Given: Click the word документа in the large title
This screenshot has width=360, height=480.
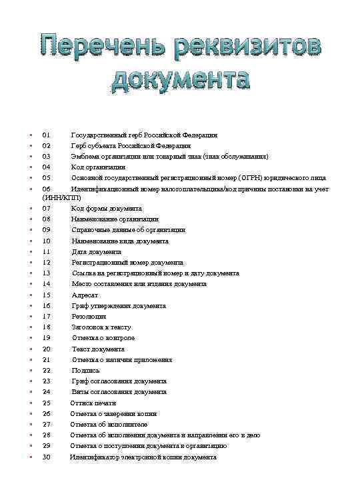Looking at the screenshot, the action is (180, 79).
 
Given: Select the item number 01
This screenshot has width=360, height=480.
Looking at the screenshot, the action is (46, 135).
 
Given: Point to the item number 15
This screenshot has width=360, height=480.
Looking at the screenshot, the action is (46, 295).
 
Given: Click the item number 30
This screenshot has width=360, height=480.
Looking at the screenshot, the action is (46, 457).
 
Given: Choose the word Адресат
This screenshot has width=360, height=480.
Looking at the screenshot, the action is (85, 295).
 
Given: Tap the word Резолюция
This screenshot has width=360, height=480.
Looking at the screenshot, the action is (89, 317).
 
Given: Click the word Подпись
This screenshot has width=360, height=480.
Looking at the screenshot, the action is (85, 371).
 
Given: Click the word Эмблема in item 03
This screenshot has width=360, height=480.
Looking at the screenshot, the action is (86, 156).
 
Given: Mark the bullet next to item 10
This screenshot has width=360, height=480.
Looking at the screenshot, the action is (31, 241).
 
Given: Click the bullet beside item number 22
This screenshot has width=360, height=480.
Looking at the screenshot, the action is (31, 371).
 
